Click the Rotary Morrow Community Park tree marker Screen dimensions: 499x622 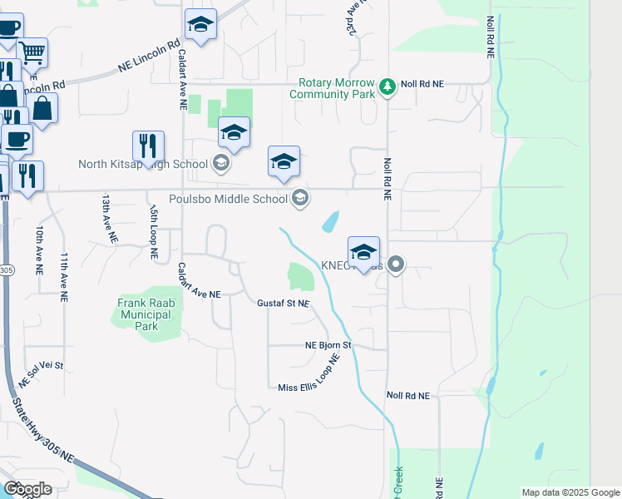387,86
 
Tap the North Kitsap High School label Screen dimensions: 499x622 142,163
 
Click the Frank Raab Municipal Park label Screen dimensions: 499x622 146,315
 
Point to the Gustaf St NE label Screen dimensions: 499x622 283,304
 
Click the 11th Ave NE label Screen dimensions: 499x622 64,273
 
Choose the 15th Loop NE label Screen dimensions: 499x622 155,234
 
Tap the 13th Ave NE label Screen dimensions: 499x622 107,220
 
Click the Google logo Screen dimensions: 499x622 27,488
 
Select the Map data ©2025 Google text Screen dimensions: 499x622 570,492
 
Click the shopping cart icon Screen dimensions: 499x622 32,52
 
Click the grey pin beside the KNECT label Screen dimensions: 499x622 396,265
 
